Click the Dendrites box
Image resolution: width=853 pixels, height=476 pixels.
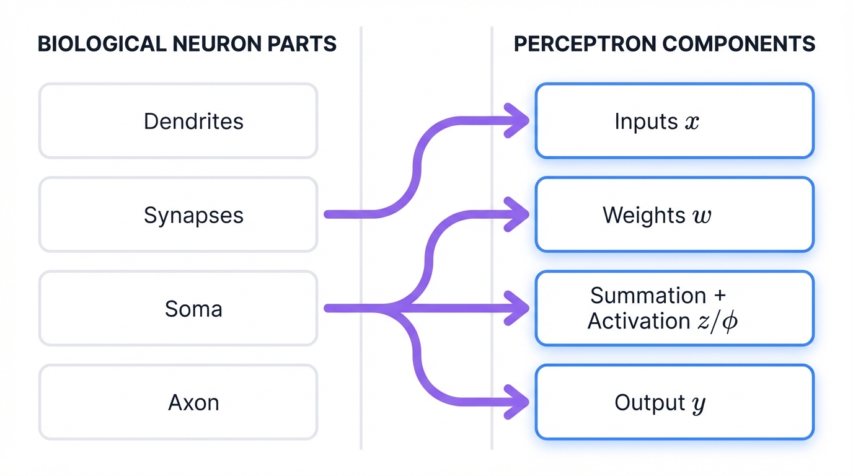(x=178, y=121)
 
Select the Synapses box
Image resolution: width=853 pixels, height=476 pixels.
(x=178, y=214)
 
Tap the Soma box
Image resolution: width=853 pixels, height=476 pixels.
(x=178, y=308)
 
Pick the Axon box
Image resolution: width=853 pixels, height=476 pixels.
(x=178, y=402)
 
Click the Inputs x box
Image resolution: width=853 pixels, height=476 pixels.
(x=674, y=121)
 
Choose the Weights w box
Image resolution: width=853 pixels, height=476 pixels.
(x=674, y=214)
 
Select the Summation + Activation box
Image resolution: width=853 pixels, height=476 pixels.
(x=674, y=308)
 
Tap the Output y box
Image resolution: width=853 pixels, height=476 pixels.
(x=674, y=402)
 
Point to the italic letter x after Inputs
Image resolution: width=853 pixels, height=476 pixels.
(x=692, y=122)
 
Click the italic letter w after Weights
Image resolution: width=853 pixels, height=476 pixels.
(x=702, y=216)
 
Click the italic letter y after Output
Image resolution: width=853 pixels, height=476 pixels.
(x=698, y=405)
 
